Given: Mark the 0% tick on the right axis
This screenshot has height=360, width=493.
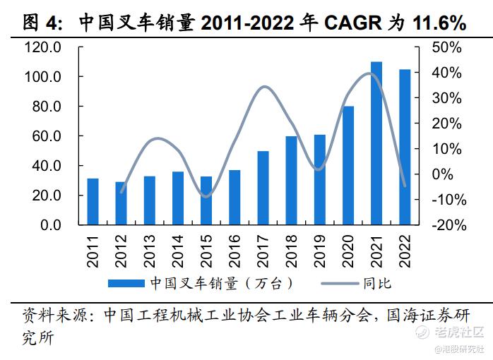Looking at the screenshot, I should coord(450,174).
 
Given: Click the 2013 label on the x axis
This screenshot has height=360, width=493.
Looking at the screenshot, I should coord(150,251).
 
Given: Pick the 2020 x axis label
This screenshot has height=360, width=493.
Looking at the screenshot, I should coord(348,251).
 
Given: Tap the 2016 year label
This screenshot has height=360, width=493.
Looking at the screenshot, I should coord(234,251).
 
